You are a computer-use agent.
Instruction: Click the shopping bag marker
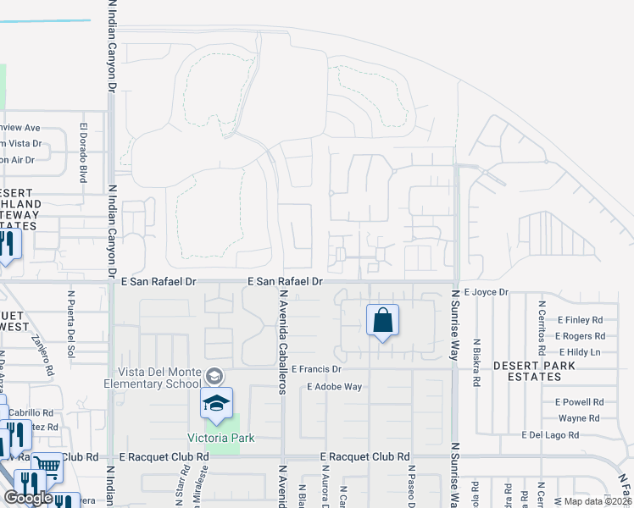(382, 321)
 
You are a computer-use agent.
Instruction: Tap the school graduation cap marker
(216, 403)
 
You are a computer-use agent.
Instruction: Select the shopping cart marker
(47, 465)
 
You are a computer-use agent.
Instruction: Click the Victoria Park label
(221, 438)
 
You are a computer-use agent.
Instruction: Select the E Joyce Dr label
(486, 292)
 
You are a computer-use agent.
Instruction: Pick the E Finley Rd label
(579, 320)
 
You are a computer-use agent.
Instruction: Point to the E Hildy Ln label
(579, 351)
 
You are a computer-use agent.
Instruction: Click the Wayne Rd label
(579, 418)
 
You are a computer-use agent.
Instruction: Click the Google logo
(28, 498)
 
